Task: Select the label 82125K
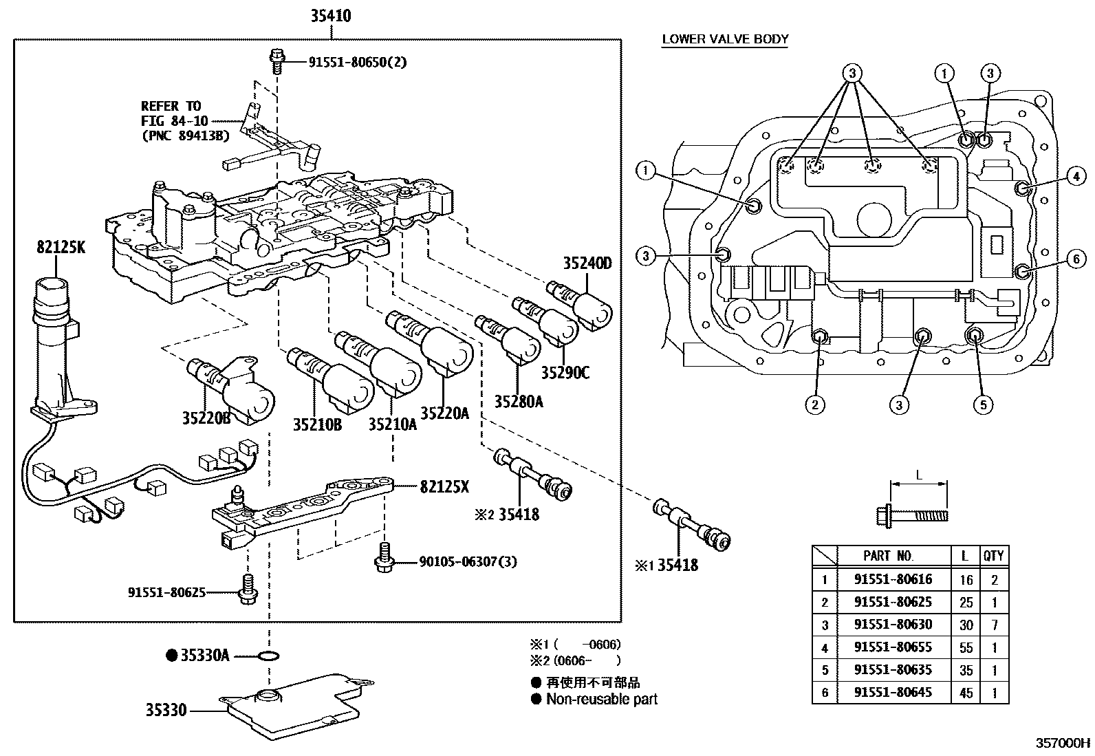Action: pos(61,248)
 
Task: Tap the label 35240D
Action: pos(587,263)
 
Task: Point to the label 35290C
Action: pos(565,373)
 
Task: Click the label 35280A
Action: pos(518,401)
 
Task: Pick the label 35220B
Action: pos(206,418)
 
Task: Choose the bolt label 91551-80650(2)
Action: pos(357,62)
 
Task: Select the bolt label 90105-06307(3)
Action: pos(468,562)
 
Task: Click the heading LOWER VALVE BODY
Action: pos(725,39)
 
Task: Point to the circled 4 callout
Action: pos(1076,177)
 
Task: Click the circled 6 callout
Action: pos(1076,259)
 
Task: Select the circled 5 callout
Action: pos(982,404)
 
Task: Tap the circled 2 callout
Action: pos(814,404)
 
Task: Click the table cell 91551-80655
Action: pos(892,647)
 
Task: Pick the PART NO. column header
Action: pos(888,555)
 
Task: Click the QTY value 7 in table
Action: pos(994,625)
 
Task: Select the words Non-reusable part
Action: pos(601,699)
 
